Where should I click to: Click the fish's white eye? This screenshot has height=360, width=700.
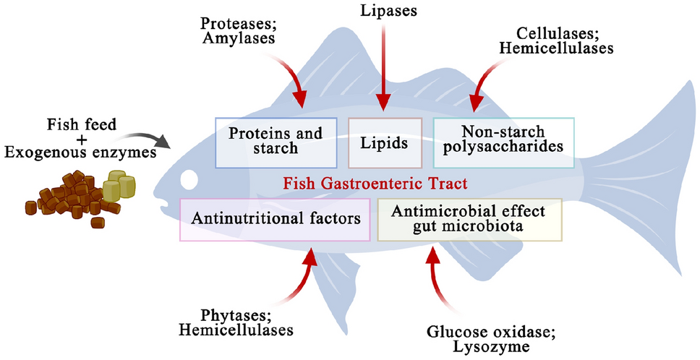[x=189, y=180]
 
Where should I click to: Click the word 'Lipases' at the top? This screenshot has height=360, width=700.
[x=388, y=10]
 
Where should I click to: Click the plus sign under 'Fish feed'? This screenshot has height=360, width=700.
[x=82, y=139]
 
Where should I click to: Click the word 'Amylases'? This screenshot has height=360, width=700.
[x=239, y=38]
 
